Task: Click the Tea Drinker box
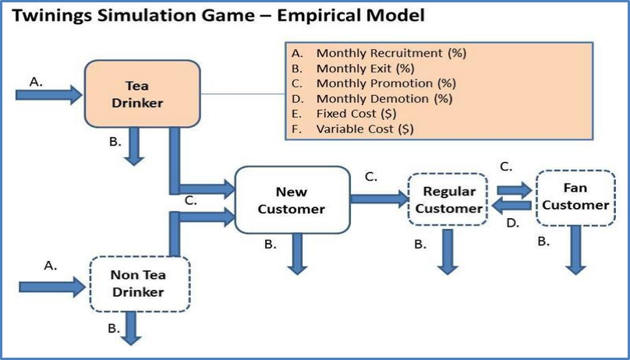click(137, 94)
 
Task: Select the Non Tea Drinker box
click(138, 284)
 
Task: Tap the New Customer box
click(292, 199)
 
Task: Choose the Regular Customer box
click(448, 199)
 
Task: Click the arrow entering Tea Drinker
click(48, 95)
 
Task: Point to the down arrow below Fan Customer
click(575, 249)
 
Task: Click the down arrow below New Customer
click(296, 254)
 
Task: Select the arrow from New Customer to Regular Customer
click(379, 199)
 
